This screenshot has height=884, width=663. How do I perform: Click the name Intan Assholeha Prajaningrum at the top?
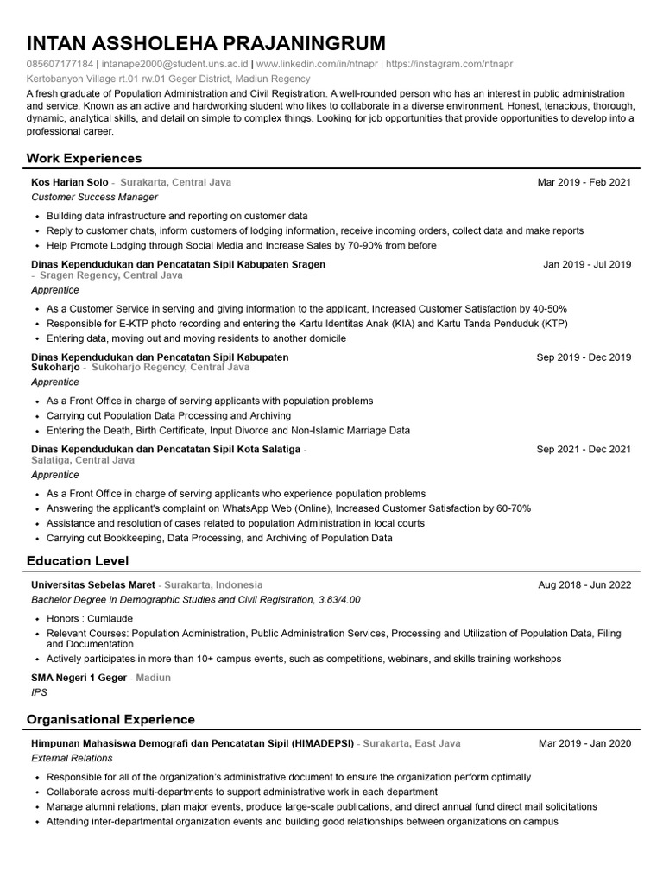pos(206,44)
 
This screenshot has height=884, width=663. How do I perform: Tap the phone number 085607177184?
pos(60,64)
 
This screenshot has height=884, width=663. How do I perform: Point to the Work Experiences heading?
pos(84,159)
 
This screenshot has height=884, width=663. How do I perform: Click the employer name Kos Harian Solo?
pos(70,183)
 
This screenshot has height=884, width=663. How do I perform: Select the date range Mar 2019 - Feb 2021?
pos(584,183)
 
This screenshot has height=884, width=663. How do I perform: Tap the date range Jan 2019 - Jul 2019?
pos(587,265)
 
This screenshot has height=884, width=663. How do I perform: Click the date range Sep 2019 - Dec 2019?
pos(584,357)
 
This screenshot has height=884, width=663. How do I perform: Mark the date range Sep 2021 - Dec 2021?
pos(584,450)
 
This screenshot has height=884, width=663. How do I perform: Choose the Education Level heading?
pos(79,561)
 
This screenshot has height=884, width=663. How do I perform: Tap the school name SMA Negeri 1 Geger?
pos(79,679)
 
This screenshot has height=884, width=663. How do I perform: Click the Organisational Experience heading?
pos(110,720)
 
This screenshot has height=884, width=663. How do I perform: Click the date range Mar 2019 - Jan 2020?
pos(584,743)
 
